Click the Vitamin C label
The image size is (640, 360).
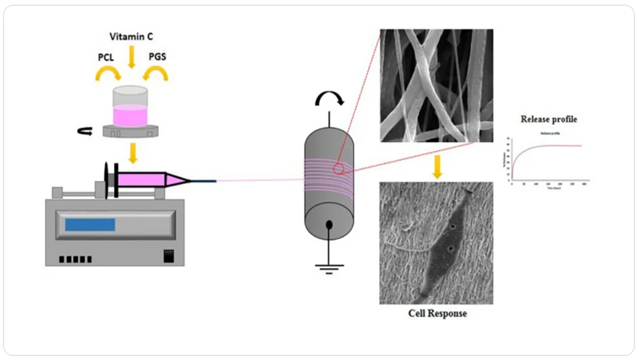131,37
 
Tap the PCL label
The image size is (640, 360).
106,57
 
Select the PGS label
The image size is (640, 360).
157,57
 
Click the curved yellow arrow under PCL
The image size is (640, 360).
108,74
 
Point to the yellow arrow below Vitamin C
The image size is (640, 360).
132,57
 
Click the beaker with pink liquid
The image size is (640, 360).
130,106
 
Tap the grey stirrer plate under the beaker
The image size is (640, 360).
130,131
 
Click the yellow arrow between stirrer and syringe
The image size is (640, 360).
133,153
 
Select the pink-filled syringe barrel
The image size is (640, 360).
142,180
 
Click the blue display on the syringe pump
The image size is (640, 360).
90,225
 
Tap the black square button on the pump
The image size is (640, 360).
169,256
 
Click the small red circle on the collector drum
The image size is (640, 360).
338,169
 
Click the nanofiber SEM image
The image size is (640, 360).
436,85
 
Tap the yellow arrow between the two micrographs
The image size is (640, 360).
437,166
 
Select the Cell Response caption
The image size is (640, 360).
437,313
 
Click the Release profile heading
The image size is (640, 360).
549,119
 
